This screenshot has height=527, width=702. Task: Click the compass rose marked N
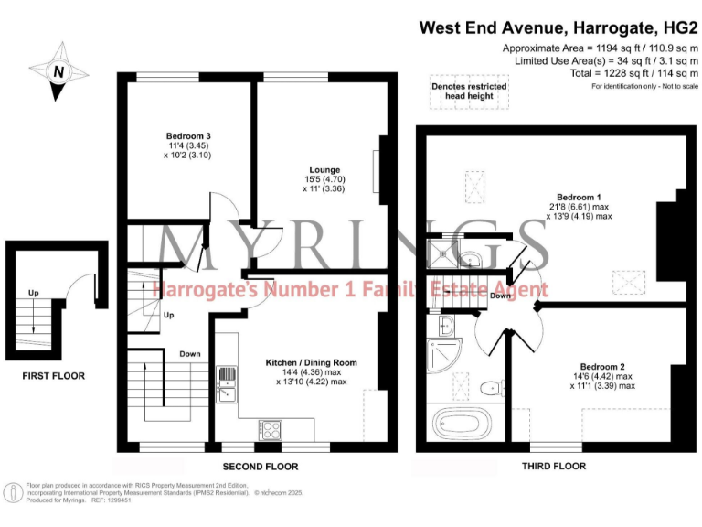58,70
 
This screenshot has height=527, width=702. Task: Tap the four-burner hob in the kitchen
271,427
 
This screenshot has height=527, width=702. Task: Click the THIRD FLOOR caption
555,467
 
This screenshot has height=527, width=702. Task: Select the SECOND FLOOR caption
260,467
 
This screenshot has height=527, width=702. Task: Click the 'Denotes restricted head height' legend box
469,91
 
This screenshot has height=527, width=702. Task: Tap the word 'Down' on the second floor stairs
190,354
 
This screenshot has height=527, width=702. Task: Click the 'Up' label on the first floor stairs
34,294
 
